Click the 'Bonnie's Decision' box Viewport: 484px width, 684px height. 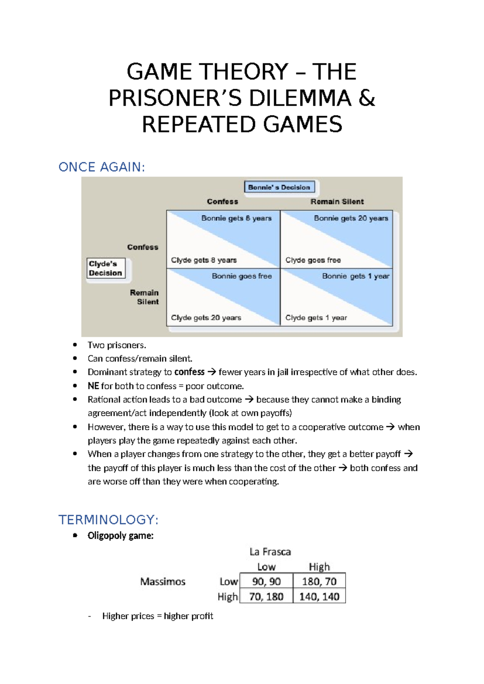(x=279, y=187)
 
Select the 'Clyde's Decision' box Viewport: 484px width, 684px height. (x=106, y=269)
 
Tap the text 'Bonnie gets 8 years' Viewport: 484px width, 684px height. (x=236, y=218)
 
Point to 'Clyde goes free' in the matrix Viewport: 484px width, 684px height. (x=313, y=260)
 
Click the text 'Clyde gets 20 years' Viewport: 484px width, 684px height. (x=206, y=318)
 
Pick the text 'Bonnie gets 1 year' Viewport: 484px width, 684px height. (x=356, y=276)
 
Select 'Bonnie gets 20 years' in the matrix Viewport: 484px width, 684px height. (x=351, y=218)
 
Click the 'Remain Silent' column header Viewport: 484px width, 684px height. (x=337, y=202)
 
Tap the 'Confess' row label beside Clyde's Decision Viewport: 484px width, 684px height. (x=143, y=247)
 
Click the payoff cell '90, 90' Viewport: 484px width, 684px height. (x=266, y=582)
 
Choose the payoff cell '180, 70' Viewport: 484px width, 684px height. (x=319, y=582)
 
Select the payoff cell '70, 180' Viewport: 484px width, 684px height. (x=266, y=596)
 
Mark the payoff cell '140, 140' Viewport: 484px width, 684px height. (x=319, y=596)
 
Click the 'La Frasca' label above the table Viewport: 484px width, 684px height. (x=270, y=552)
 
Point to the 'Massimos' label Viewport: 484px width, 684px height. (x=163, y=582)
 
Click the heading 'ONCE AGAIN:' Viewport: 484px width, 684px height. (x=102, y=167)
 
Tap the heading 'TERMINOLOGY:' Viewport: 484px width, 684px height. (x=108, y=519)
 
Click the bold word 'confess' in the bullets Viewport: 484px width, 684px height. (x=189, y=372)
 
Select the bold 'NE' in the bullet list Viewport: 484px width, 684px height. (x=93, y=386)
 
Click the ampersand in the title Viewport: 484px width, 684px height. (x=366, y=98)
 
